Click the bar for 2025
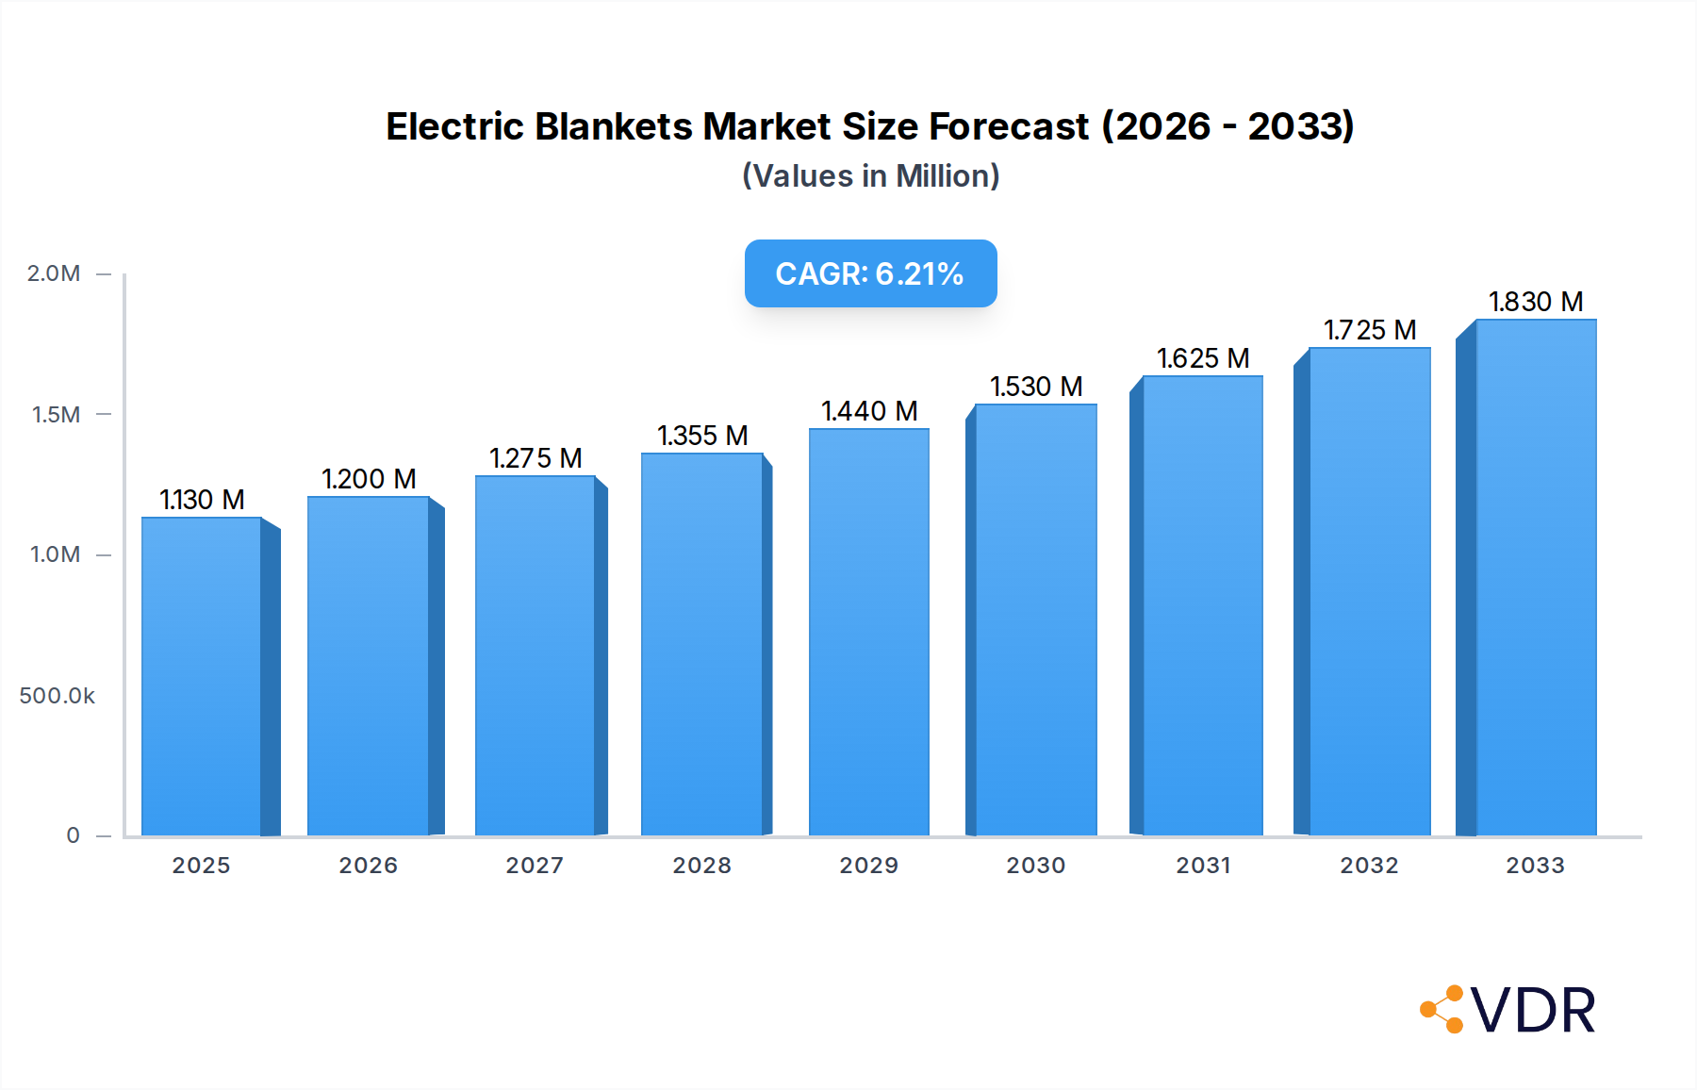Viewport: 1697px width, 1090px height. pos(201,676)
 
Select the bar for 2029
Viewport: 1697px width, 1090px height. pos(868,632)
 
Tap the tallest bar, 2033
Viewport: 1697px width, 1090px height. pos(1536,577)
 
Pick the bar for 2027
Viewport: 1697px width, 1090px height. pos(535,655)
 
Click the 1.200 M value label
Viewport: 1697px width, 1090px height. pos(369,479)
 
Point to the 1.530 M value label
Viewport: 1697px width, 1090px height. pos(1036,387)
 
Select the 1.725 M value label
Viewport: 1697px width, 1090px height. pos(1370,330)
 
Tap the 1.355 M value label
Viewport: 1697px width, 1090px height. pos(702,436)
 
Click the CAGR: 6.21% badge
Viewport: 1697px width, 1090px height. pos(870,273)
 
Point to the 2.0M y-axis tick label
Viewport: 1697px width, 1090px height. pos(54,273)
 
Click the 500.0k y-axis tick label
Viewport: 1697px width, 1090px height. pos(57,696)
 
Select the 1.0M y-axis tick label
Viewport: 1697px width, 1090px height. pos(55,554)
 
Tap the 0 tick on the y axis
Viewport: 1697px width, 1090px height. pos(73,835)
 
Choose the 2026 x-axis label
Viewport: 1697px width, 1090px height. pos(368,866)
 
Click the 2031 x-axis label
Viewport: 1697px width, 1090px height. pos(1203,866)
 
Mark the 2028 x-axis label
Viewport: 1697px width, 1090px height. pos(701,866)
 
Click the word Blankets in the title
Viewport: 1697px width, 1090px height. pos(613,126)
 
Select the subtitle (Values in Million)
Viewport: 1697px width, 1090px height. pos(870,176)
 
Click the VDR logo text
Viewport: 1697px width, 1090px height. pos(1533,1011)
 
